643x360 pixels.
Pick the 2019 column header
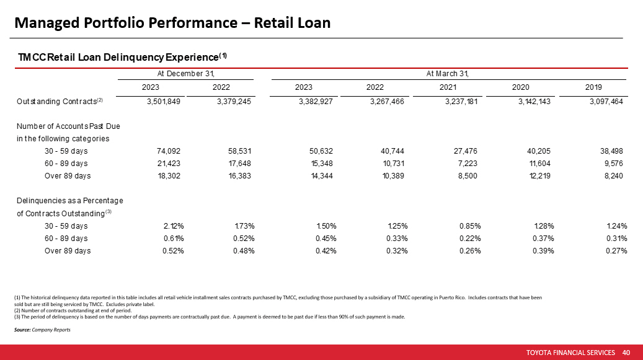593,87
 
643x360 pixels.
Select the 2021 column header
448,87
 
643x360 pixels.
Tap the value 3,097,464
606,101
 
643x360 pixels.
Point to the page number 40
626,353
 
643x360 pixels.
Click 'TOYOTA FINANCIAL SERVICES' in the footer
570,353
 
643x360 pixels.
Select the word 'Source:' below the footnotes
22,330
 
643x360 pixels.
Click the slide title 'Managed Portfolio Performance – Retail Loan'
172,23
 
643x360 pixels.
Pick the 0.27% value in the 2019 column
616,250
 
